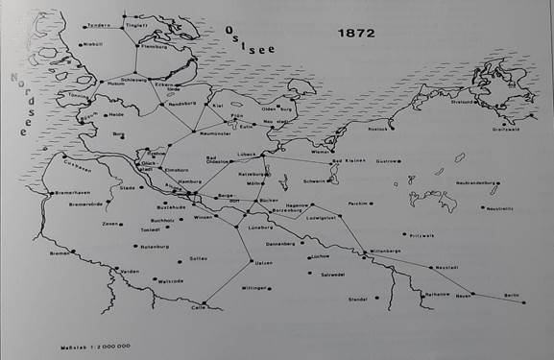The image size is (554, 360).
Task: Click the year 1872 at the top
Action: tap(355, 33)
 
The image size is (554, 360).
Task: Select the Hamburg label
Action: tap(188, 181)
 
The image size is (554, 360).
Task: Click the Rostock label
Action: tap(377, 128)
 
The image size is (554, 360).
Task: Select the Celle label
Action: tap(199, 307)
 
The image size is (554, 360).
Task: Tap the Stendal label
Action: tap(358, 299)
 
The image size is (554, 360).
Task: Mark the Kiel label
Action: tap(219, 106)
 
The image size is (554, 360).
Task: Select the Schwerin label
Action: tap(317, 180)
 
